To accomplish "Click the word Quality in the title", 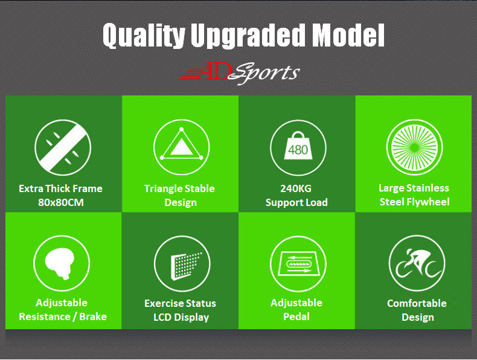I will pos(144,36).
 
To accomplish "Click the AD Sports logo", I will pos(239,73).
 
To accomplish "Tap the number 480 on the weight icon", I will pos(297,149).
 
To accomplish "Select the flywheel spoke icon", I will pos(414,147).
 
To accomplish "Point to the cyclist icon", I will pos(415,263).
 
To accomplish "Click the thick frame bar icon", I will pos(62,147).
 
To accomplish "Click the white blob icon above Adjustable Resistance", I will pos(62,264).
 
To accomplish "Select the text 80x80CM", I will pos(61,202).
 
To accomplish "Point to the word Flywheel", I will pos(427,202).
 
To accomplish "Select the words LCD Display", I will pos(181,317).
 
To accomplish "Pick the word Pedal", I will pos(296,317).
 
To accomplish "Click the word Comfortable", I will pos(417,303).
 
